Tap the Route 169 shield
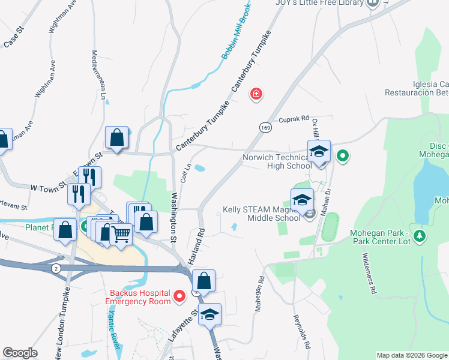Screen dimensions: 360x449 pos(264,127)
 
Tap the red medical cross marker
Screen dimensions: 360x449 pos(257,94)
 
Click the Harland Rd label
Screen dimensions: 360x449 pos(201,244)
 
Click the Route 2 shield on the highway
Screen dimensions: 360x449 pos(56,267)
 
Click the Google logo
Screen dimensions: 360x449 pos(20,353)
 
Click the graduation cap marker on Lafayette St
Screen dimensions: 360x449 pos(210,314)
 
